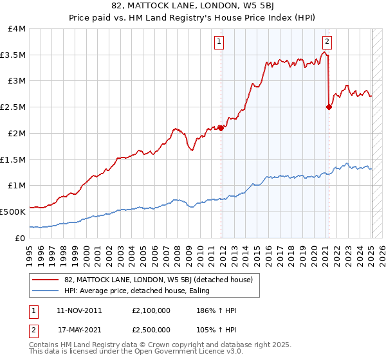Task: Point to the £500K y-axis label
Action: pyautogui.click(x=13, y=212)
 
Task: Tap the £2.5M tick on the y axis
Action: pyautogui.click(x=13, y=107)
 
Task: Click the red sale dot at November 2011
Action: pyautogui.click(x=221, y=128)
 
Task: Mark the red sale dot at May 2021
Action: pyautogui.click(x=329, y=107)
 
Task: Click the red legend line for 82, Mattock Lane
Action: pyautogui.click(x=46, y=280)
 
